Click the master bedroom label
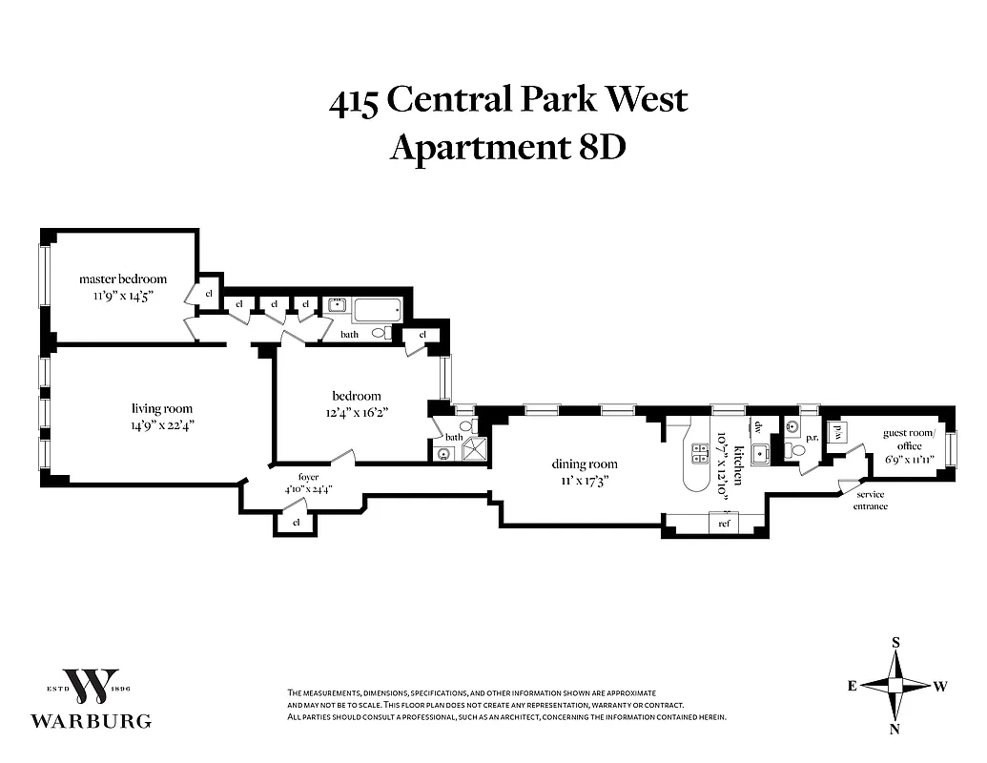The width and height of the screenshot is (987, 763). click(x=122, y=278)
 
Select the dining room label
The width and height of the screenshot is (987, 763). click(x=580, y=464)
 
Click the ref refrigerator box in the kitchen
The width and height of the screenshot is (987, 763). click(x=724, y=523)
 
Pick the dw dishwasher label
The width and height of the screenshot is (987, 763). click(x=760, y=427)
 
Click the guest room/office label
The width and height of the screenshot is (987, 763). click(x=909, y=439)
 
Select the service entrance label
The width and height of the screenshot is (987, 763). click(x=870, y=500)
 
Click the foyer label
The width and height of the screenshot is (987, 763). click(x=308, y=477)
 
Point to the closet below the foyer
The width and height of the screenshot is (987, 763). click(x=296, y=522)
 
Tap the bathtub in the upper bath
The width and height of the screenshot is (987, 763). click(x=378, y=309)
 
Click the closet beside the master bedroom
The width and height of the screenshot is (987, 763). click(x=208, y=293)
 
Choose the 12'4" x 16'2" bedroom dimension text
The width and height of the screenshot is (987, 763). click(x=356, y=412)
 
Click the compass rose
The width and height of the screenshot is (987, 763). click(x=895, y=685)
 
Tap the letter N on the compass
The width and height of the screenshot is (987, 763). click(x=895, y=730)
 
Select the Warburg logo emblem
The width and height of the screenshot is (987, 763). click(x=91, y=686)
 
